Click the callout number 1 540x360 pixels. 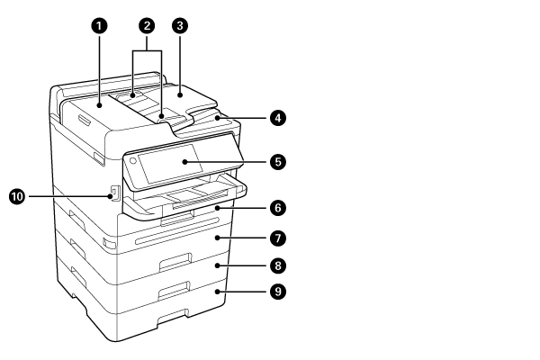tap(100, 26)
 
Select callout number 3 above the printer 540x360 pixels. tap(181, 26)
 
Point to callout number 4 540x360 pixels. tap(281, 118)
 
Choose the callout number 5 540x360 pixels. tap(281, 162)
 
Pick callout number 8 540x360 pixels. tap(281, 265)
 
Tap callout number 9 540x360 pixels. tap(281, 292)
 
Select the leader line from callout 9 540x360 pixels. tap(244, 292)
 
